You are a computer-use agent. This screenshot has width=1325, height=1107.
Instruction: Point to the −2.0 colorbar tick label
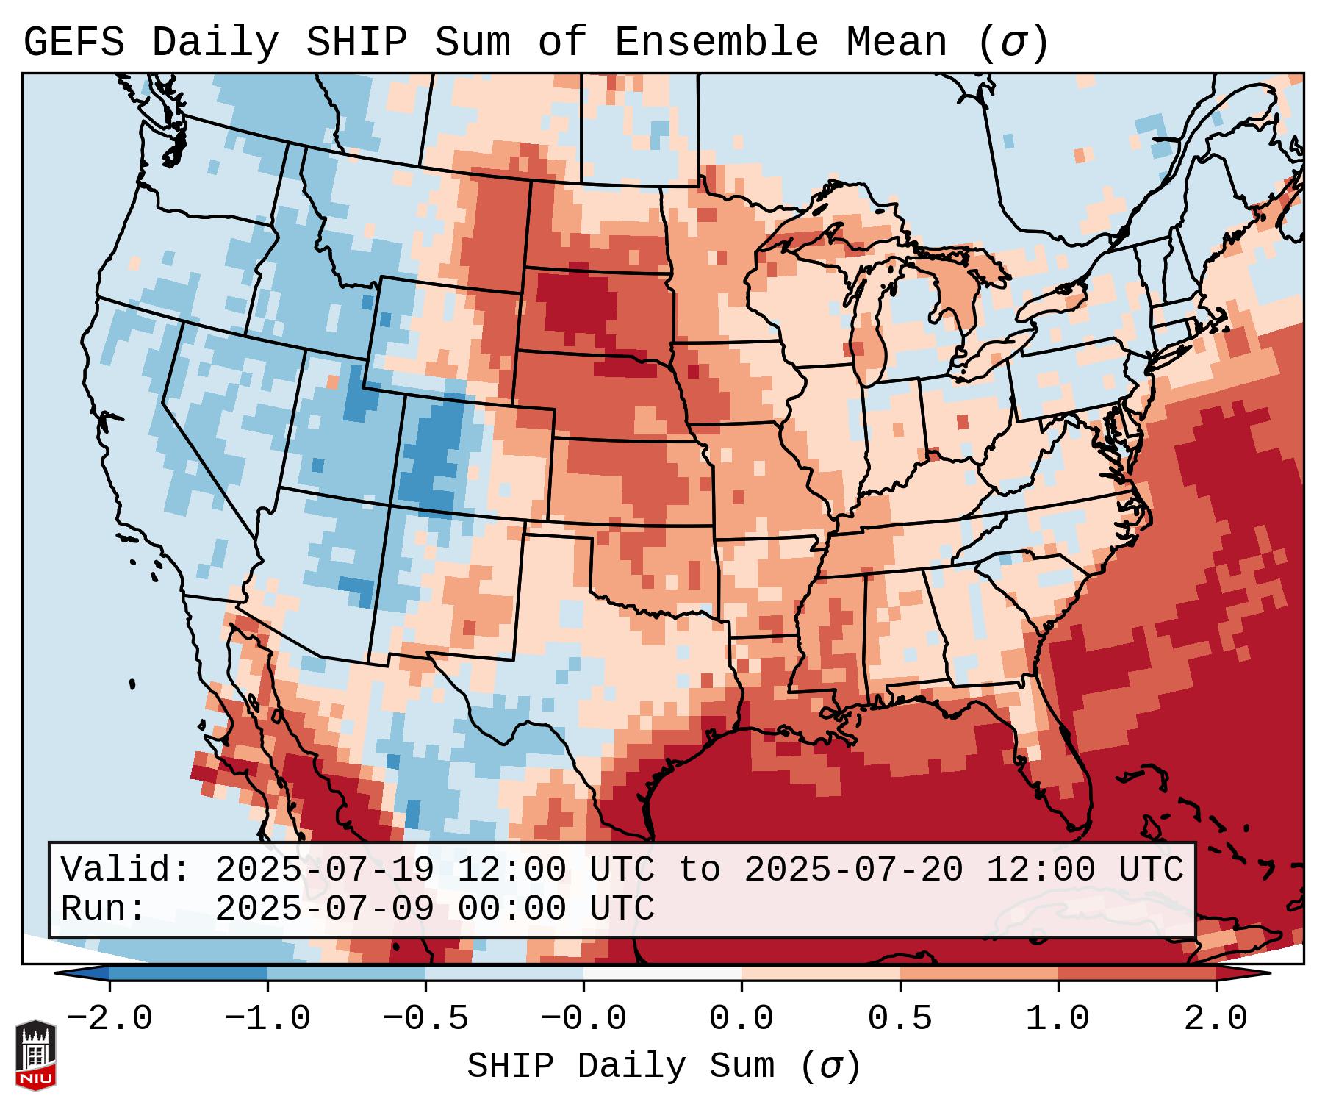(x=109, y=1020)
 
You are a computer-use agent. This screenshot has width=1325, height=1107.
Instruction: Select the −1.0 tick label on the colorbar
(x=267, y=1020)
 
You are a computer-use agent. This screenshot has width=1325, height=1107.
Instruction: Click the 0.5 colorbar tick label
(x=900, y=1020)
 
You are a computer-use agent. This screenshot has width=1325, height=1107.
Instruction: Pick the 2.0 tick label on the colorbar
(x=1216, y=1020)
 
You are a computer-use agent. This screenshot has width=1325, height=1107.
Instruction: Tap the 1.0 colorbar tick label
(x=1058, y=1020)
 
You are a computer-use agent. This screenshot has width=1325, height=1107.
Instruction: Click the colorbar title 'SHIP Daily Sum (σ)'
(x=663, y=1067)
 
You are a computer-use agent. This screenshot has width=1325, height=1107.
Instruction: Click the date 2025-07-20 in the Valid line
(x=853, y=870)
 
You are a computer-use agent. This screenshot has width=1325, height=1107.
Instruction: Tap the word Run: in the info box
(x=104, y=909)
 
